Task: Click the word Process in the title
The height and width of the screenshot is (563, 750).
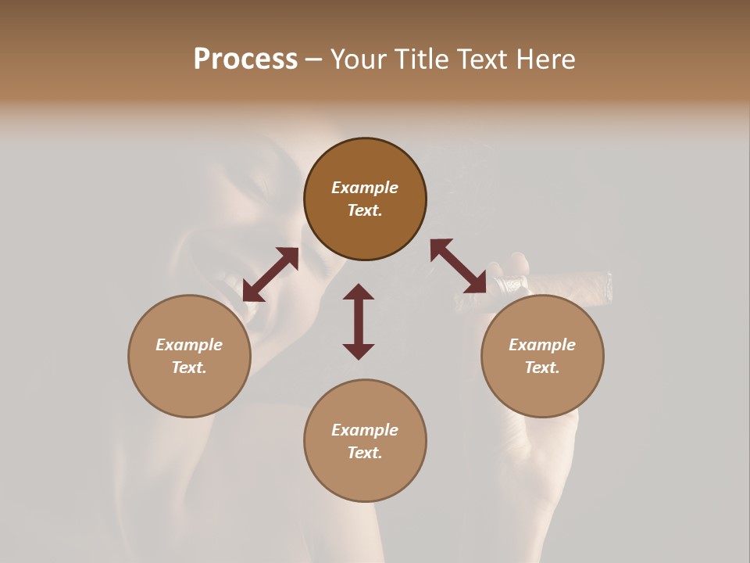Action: tap(245, 59)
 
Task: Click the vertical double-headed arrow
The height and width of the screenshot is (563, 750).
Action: tap(359, 321)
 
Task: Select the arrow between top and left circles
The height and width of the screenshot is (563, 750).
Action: tap(270, 274)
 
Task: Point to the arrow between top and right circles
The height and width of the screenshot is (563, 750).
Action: tap(459, 266)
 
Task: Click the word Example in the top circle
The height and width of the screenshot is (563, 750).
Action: tap(365, 188)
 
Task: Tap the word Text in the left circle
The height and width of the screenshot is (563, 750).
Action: tap(189, 368)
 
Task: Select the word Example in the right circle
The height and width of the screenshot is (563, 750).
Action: tap(542, 345)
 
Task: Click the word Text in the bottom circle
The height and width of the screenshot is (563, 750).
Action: tap(365, 453)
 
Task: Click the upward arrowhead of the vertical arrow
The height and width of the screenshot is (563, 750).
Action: tap(359, 292)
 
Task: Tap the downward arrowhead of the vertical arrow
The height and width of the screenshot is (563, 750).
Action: tap(359, 351)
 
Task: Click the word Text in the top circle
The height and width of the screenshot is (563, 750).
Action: tap(365, 210)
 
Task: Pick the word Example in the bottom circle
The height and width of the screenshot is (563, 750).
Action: tap(365, 430)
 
